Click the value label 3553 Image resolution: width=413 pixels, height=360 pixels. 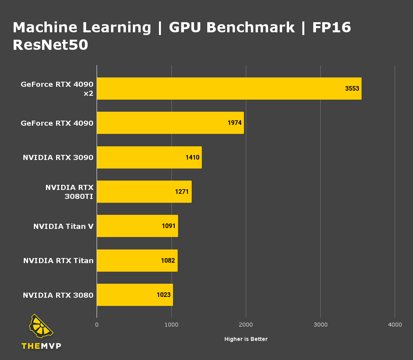[352, 88]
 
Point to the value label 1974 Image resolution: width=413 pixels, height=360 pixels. [235, 123]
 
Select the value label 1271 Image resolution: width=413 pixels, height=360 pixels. [182, 192]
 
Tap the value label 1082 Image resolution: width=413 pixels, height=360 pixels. [168, 260]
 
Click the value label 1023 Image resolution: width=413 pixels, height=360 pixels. [164, 295]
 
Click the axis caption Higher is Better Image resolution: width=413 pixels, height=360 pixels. [246, 339]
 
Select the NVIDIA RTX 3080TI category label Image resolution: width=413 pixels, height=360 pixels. [69, 192]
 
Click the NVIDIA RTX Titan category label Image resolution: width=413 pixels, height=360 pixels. [58, 260]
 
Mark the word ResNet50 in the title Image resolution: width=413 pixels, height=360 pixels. [50, 45]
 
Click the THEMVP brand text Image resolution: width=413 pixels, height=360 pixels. [41, 346]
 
